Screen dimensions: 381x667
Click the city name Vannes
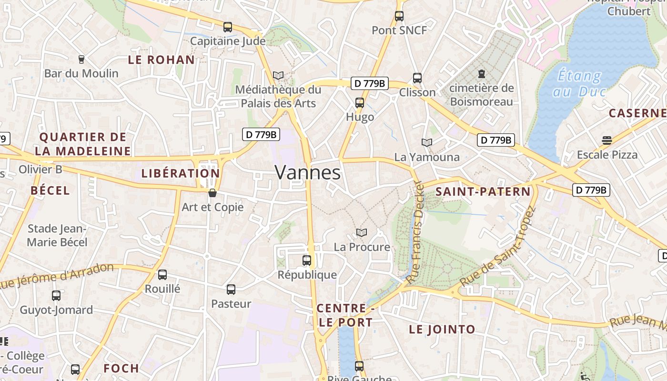pyautogui.click(x=308, y=172)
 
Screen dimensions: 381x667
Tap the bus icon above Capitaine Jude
pyautogui.click(x=228, y=27)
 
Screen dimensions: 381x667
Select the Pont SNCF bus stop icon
pyautogui.click(x=399, y=16)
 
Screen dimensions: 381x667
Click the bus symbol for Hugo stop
pyautogui.click(x=360, y=103)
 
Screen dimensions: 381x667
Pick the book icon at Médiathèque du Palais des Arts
pyautogui.click(x=278, y=76)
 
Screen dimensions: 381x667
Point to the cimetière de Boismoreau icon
pyautogui.click(x=481, y=74)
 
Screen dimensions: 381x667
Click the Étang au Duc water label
pyautogui.click(x=579, y=83)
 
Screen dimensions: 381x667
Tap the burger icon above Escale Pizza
pyautogui.click(x=606, y=140)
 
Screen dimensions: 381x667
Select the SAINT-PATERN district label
pyautogui.click(x=483, y=192)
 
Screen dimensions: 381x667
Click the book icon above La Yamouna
pyautogui.click(x=427, y=142)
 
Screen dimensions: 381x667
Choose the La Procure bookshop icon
pyautogui.click(x=362, y=232)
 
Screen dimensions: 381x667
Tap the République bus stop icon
pyautogui.click(x=307, y=261)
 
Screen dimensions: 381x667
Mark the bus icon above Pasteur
pyautogui.click(x=231, y=289)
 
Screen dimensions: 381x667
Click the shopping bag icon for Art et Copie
pyautogui.click(x=212, y=193)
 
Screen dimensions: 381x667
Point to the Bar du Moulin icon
pyautogui.click(x=81, y=60)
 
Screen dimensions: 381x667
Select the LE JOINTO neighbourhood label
pyautogui.click(x=442, y=329)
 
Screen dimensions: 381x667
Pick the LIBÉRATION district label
pyautogui.click(x=181, y=173)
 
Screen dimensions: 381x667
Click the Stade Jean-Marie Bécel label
pyautogui.click(x=57, y=235)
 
